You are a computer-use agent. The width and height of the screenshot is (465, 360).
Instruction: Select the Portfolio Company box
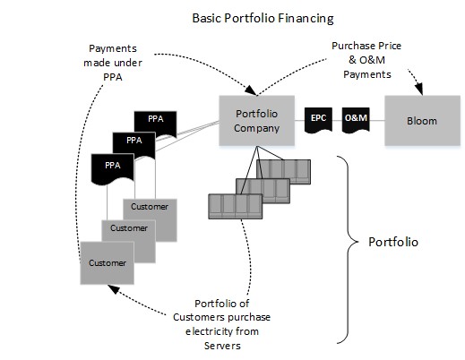(x=257, y=121)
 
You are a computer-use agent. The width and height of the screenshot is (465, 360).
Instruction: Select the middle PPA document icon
(x=134, y=141)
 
